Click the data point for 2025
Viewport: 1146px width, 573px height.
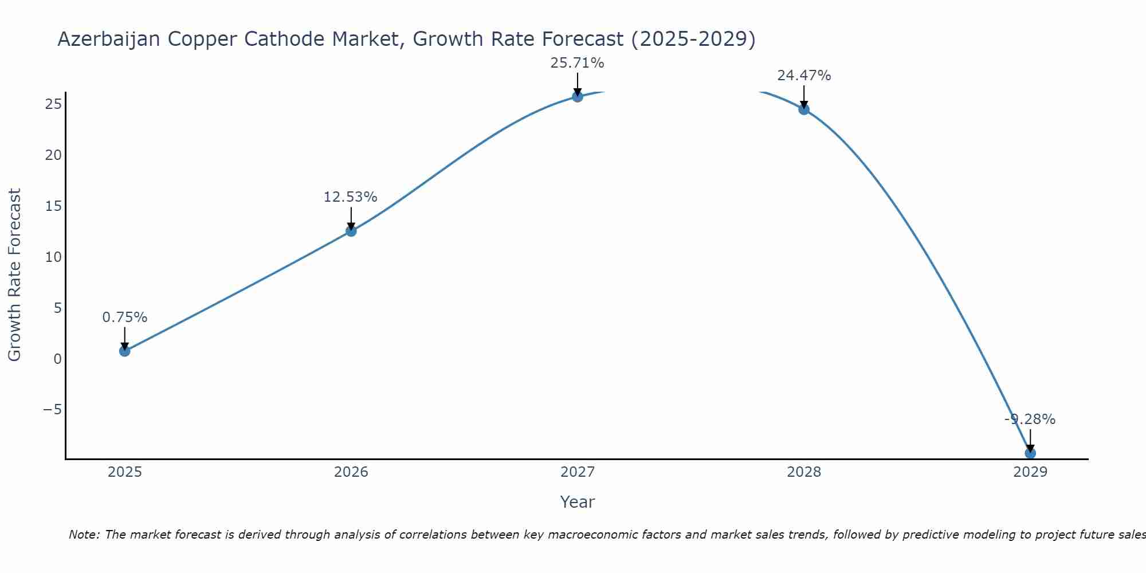tap(124, 351)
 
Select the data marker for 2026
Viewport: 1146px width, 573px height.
tap(351, 231)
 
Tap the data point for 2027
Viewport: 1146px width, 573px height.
tap(577, 96)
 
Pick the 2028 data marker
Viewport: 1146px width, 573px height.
tap(804, 109)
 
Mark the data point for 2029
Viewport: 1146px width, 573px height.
tap(1030, 453)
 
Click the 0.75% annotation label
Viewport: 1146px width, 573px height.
tap(124, 317)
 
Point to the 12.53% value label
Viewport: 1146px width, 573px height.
tap(350, 197)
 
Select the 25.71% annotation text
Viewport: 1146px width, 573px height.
tap(577, 63)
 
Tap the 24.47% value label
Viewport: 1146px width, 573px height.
tap(804, 76)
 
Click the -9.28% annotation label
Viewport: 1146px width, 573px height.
tap(1030, 419)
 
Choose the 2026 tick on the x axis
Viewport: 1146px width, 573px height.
tap(351, 472)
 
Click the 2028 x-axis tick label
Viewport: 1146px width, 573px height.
tap(804, 472)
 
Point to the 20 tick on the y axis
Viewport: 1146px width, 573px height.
tap(53, 155)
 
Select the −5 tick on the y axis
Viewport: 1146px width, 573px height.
tap(52, 410)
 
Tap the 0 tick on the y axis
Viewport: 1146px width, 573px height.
tap(57, 359)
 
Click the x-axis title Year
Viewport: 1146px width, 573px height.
tap(577, 502)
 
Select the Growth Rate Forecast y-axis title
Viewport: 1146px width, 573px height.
tap(15, 274)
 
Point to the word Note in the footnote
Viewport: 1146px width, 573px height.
tap(84, 535)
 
